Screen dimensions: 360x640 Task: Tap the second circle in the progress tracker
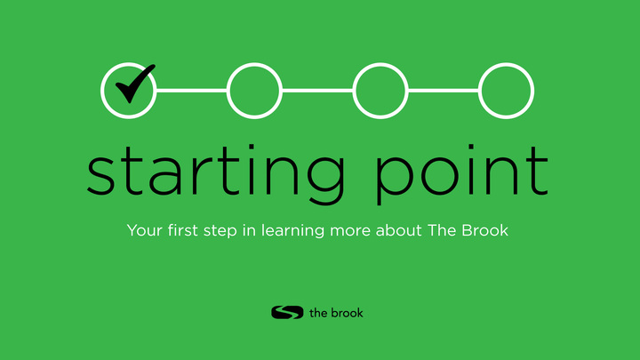[254, 91]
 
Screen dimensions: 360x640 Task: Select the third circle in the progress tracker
[380, 91]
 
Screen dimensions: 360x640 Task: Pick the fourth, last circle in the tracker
[506, 91]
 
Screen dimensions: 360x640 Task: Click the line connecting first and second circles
[192, 91]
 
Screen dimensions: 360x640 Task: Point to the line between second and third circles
[317, 91]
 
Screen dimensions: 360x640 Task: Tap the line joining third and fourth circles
[443, 91]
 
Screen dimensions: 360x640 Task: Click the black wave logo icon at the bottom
[287, 312]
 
